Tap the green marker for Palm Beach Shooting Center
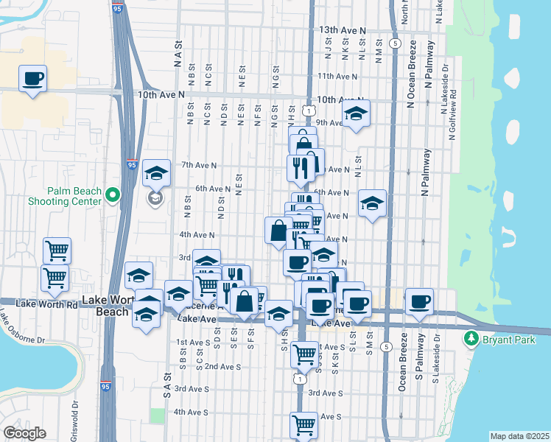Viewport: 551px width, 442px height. pos(112,195)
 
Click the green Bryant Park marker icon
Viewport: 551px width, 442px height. pos(469,340)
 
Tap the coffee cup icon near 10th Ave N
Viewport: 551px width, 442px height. pos(32,77)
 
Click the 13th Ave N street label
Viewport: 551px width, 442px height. pos(343,30)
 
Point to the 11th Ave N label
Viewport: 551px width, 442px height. pos(337,76)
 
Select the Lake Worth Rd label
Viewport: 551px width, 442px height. pos(38,304)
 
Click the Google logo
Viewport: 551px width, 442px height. pos(25,433)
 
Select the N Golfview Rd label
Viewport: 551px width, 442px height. pos(453,115)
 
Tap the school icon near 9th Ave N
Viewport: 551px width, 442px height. pos(356,113)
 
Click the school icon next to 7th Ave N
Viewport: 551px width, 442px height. pos(156,173)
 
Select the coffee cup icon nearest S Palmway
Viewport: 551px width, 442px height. pos(419,301)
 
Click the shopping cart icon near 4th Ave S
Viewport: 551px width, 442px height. pos(304,424)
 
